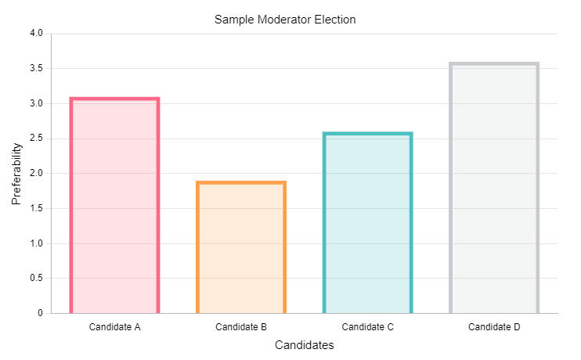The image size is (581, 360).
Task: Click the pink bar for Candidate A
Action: point(114,206)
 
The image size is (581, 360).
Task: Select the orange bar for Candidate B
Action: point(241,247)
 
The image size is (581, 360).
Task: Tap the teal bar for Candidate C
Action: point(367,223)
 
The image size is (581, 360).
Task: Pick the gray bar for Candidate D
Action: point(494,188)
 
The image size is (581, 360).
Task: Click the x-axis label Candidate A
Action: point(114,326)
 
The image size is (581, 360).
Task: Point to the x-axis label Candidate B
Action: point(241,326)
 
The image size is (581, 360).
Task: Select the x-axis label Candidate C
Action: point(367,326)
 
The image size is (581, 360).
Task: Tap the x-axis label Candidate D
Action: point(494,326)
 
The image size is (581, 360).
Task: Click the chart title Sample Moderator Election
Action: point(285,19)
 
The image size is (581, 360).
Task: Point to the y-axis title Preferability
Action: point(16,174)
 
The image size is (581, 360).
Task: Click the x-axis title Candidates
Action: point(305,345)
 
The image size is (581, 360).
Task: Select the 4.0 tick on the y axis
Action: point(36,34)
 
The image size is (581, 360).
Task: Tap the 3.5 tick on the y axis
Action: point(36,69)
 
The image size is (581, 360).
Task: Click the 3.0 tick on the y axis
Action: point(36,103)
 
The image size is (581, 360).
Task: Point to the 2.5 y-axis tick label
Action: point(36,139)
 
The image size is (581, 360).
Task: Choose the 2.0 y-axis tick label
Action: point(36,174)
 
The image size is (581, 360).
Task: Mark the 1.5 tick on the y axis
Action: point(36,208)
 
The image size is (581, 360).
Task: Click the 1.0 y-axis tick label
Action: point(36,243)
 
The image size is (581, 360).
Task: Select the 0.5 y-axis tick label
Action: point(36,278)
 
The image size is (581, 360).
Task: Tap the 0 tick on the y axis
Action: point(40,313)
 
